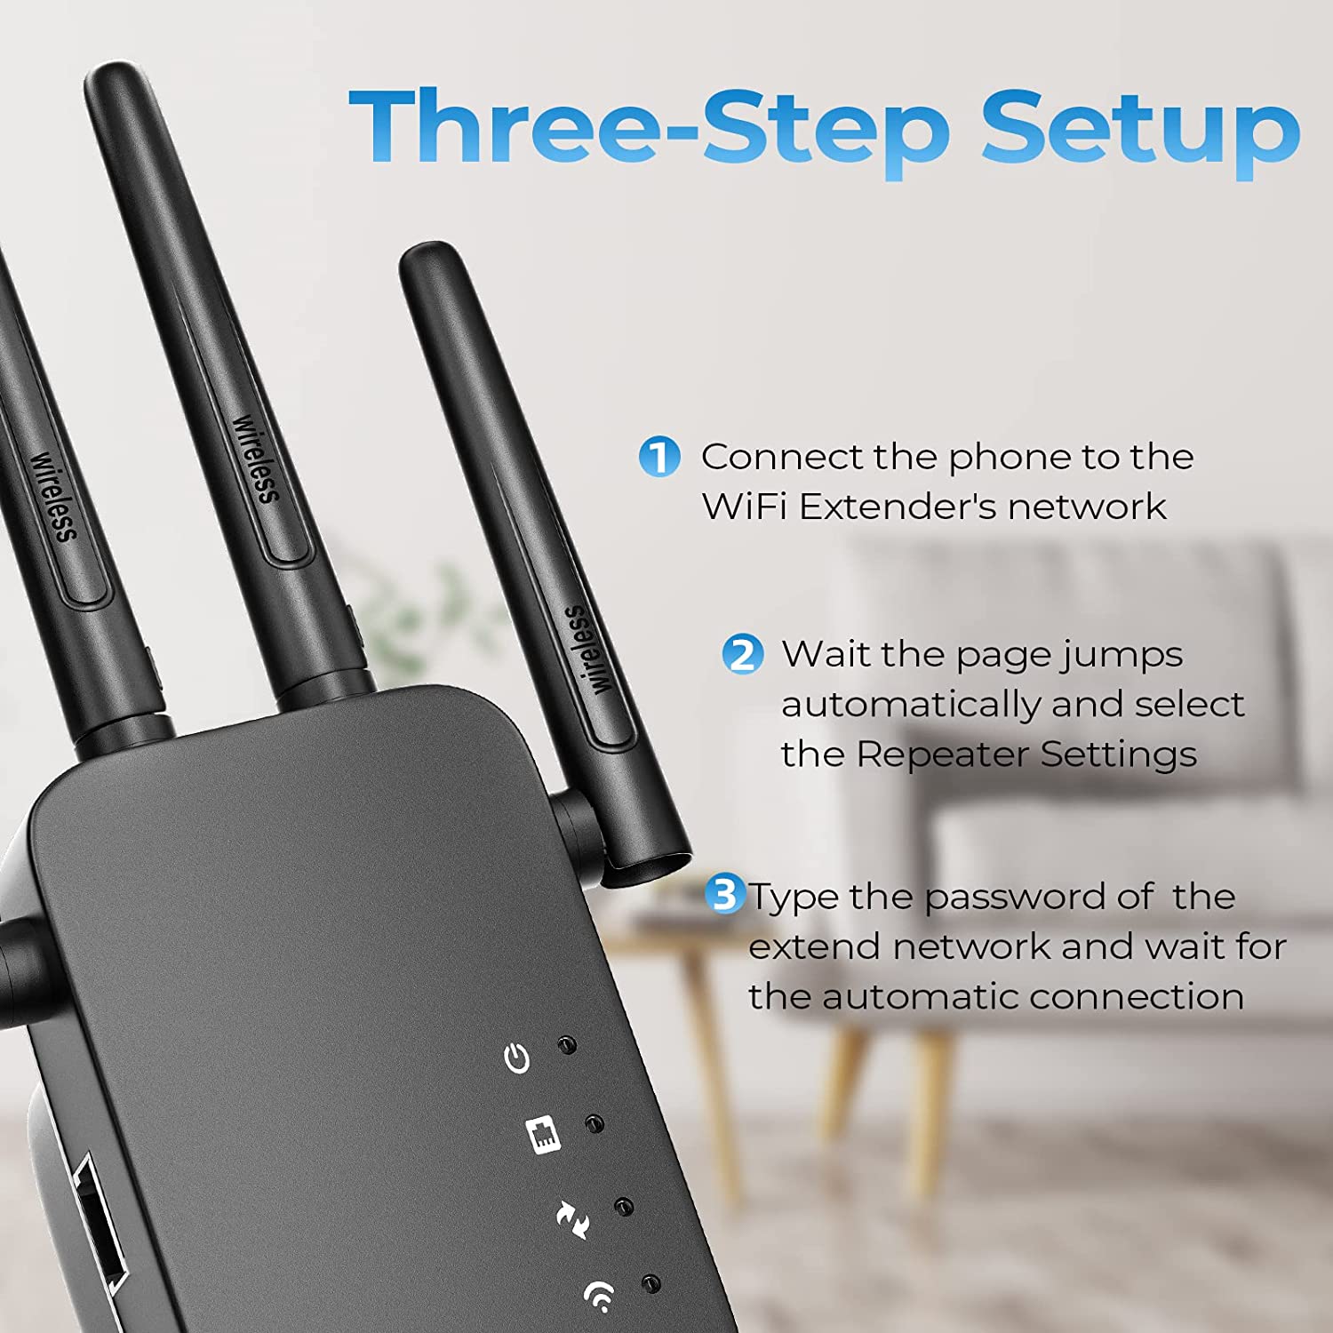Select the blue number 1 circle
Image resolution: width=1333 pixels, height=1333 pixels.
tap(659, 457)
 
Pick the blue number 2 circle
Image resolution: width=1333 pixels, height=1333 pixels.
tap(742, 654)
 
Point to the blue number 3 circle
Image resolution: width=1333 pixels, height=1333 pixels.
tap(726, 893)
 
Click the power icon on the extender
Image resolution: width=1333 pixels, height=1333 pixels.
tap(517, 1058)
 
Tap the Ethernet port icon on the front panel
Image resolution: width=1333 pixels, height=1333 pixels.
tap(544, 1135)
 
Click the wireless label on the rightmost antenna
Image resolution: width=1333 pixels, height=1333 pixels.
tap(588, 650)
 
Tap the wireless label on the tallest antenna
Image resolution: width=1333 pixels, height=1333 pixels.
tap(256, 459)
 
